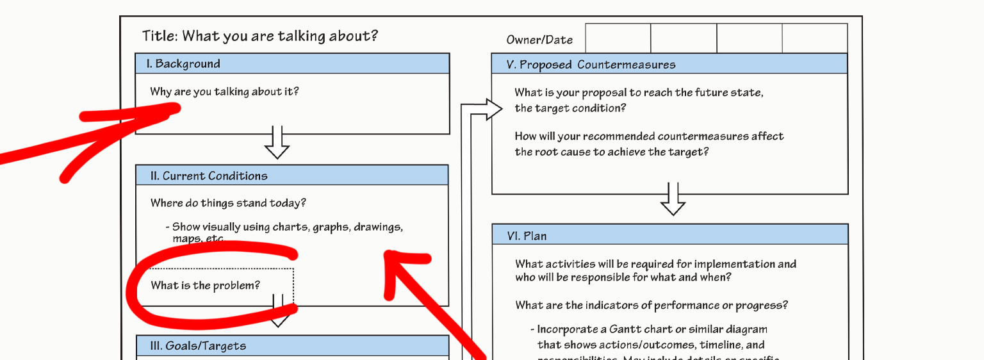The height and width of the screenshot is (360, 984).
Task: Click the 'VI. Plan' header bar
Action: tap(669, 236)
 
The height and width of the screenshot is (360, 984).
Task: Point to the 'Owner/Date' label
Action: tap(539, 40)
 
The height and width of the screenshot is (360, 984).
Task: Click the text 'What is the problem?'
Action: tap(206, 285)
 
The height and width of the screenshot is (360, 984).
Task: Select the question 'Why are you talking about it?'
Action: tap(224, 92)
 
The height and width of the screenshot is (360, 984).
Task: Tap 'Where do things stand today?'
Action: tap(228, 203)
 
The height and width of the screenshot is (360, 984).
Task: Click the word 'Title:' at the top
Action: tap(160, 36)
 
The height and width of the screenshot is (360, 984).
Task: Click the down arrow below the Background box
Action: tap(277, 143)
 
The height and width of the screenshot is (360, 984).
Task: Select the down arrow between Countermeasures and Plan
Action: tap(673, 200)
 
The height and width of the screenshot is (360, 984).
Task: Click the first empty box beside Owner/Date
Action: tap(618, 38)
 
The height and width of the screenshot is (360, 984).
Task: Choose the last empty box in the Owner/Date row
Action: tap(815, 38)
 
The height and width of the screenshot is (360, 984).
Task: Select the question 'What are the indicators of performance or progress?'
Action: tap(652, 305)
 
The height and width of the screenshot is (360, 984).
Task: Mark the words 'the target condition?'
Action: tap(570, 108)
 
